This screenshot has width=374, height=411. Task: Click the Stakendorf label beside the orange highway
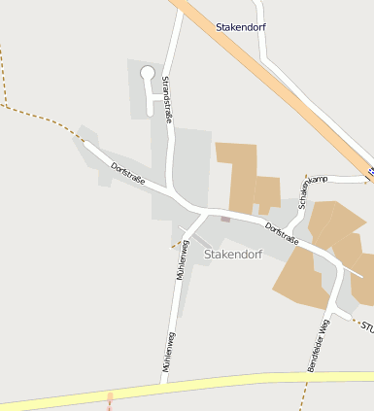point(241,27)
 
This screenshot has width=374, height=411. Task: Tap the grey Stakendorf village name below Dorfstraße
point(233,255)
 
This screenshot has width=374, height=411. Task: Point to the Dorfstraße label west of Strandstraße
point(127,172)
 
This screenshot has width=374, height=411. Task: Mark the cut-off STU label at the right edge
point(366,326)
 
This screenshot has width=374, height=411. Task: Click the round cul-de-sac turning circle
point(148,72)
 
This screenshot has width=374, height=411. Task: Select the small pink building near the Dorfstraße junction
point(225,219)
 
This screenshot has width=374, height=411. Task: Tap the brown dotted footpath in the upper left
point(39,114)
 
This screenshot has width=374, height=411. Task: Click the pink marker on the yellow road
point(110,397)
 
